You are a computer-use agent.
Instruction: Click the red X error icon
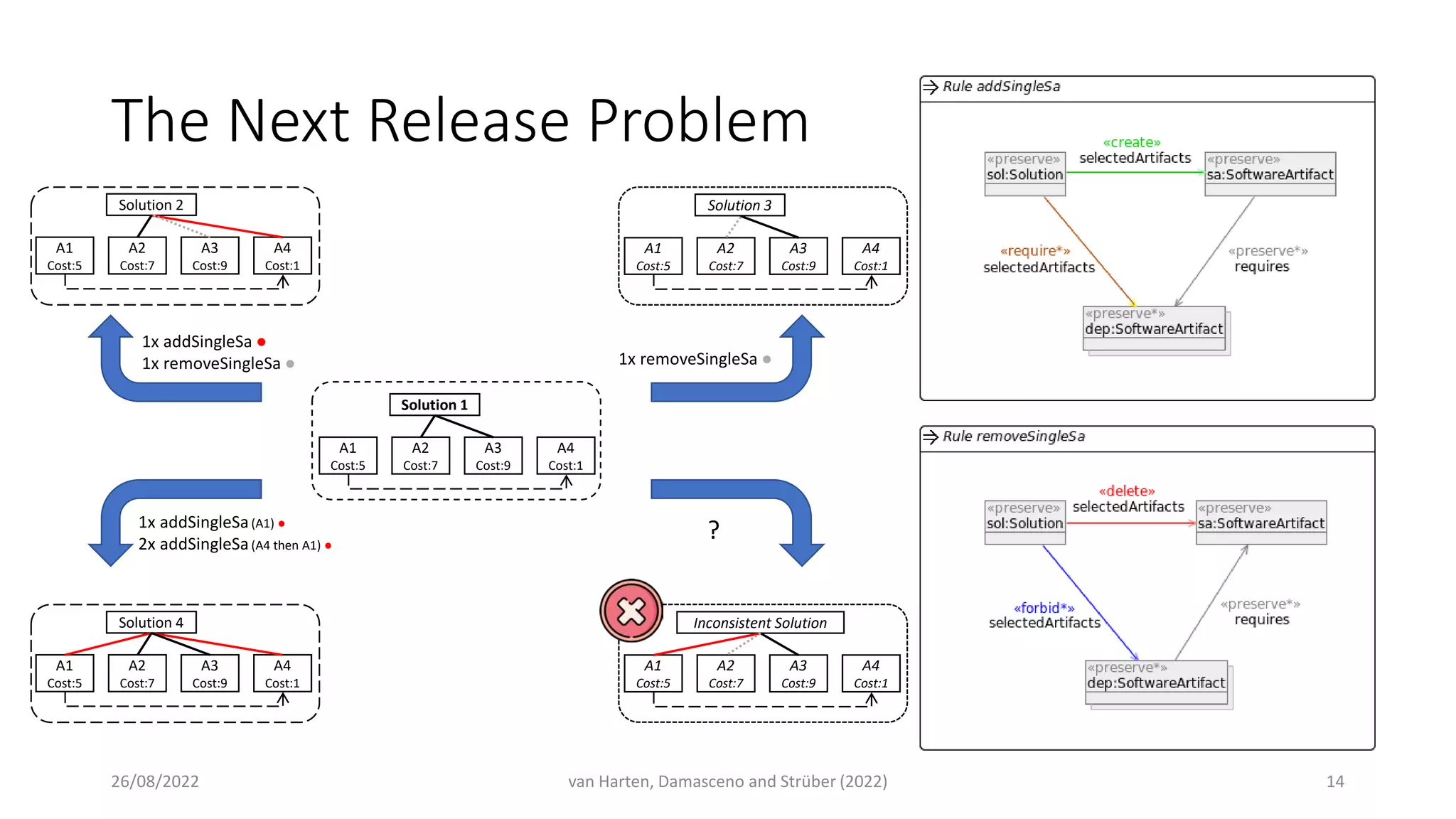pos(631,611)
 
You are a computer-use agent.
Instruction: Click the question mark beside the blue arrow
pos(714,530)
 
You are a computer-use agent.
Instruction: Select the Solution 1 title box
pos(434,405)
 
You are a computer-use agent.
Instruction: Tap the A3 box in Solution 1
pos(493,456)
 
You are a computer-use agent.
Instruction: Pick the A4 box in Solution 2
pos(282,256)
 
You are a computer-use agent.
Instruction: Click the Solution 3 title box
pos(739,205)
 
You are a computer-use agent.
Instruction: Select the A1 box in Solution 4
pos(65,673)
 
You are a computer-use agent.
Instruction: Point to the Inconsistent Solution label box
pos(759,623)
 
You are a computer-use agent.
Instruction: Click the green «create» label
pos(1131,142)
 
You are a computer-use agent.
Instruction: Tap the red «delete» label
pos(1126,491)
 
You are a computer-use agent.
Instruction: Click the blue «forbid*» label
pos(1044,608)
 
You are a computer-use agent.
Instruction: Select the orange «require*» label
pos(1034,251)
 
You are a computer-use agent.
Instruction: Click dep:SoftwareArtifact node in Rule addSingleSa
pos(1153,328)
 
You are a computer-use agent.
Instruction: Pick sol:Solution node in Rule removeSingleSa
pos(1024,523)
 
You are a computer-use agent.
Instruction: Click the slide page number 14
pos(1334,781)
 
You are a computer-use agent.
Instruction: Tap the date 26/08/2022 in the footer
pos(155,781)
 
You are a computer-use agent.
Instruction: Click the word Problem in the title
pos(698,121)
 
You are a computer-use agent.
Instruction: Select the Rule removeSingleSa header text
pos(1013,437)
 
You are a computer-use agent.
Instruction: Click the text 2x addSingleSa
pos(193,545)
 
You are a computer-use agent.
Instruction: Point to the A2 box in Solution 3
pos(725,256)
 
